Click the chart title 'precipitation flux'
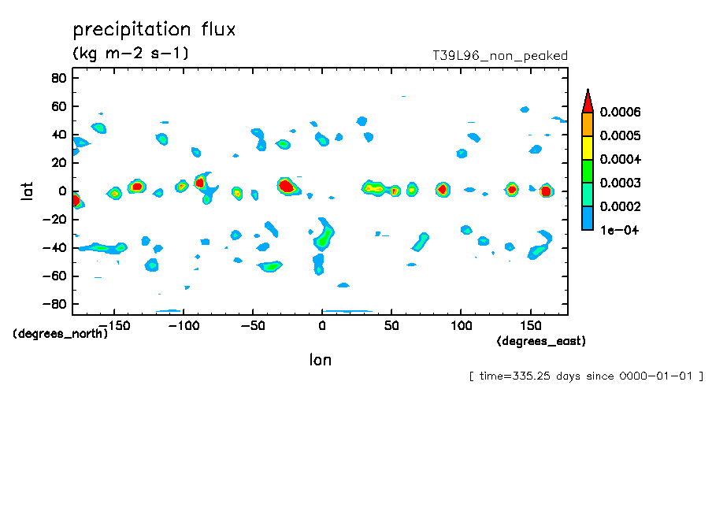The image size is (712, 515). [x=154, y=30]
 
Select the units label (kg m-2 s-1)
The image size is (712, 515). [x=131, y=54]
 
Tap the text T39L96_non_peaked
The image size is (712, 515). [x=499, y=56]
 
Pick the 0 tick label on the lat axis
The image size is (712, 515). [x=63, y=191]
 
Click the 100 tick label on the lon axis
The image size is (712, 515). [x=461, y=324]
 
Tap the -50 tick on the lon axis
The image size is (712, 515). [x=253, y=324]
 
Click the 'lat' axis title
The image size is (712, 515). [x=28, y=191]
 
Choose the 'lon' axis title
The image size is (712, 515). [x=320, y=360]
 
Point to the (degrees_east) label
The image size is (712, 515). [x=541, y=341]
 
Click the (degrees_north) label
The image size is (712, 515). [x=61, y=333]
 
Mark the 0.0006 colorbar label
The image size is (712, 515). [x=620, y=113]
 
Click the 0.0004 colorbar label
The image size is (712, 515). [x=620, y=160]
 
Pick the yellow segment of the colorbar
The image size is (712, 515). [x=588, y=148]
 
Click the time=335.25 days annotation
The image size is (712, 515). [x=585, y=376]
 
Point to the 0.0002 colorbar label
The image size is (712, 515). [x=620, y=207]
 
